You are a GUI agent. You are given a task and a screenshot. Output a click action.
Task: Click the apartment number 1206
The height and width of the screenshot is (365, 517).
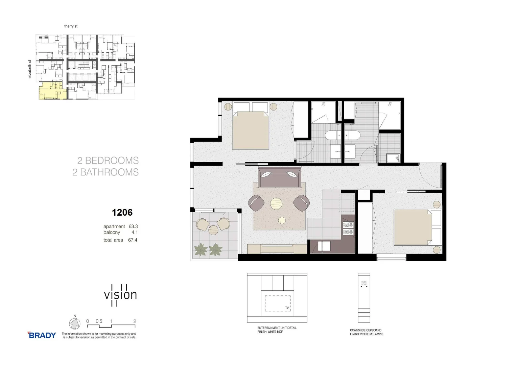pyautogui.click(x=122, y=213)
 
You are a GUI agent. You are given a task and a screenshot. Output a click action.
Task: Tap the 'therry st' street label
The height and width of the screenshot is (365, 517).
pyautogui.click(x=71, y=26)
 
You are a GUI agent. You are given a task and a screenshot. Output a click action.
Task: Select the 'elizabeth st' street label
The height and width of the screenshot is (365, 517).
pyautogui.click(x=30, y=69)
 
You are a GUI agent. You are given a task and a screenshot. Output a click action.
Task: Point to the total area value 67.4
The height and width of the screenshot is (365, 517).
pyautogui.click(x=133, y=240)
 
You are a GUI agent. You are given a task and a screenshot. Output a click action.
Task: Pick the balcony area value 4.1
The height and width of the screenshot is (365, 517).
pyautogui.click(x=135, y=233)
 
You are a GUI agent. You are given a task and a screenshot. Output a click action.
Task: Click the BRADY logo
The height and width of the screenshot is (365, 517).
pyautogui.click(x=42, y=335)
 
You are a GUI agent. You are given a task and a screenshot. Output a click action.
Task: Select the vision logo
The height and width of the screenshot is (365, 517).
pyautogui.click(x=120, y=295)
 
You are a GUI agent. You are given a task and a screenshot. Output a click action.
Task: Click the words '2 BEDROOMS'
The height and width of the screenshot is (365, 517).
pyautogui.click(x=108, y=161)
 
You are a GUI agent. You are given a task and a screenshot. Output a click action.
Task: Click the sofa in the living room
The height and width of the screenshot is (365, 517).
pyautogui.click(x=279, y=177)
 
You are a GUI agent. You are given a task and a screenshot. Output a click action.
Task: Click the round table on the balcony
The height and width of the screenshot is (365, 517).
pyautogui.click(x=213, y=230)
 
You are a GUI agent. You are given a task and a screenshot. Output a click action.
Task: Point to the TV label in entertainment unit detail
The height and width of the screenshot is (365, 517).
pyautogui.click(x=287, y=308)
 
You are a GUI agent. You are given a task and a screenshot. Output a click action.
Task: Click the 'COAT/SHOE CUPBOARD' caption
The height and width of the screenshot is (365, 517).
pyautogui.click(x=366, y=330)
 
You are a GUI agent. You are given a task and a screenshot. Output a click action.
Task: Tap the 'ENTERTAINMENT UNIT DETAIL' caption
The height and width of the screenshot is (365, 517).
pyautogui.click(x=277, y=328)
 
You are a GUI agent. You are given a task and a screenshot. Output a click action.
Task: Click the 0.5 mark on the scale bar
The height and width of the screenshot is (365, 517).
pyautogui.click(x=99, y=321)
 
